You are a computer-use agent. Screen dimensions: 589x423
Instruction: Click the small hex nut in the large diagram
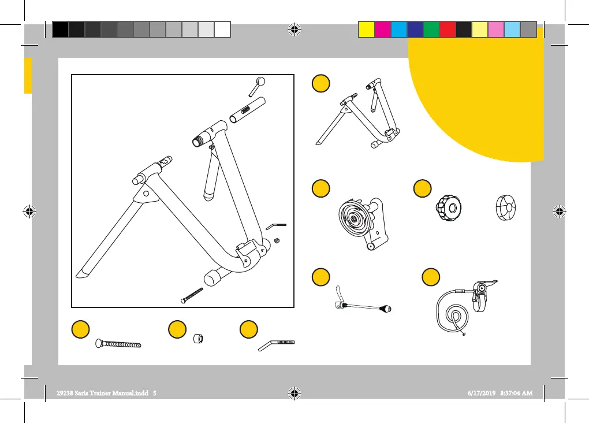(277, 239)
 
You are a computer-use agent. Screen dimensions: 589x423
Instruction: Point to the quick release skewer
(360, 306)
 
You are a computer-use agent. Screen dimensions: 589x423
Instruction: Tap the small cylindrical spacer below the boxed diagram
(198, 337)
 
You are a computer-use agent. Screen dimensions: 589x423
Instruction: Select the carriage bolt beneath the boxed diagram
(118, 345)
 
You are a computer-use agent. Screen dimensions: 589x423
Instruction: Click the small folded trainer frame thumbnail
(357, 115)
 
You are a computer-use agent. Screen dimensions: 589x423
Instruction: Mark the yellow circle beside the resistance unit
(320, 188)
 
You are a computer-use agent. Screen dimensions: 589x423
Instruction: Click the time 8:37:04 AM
(516, 392)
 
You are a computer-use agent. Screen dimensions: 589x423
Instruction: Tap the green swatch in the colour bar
(431, 29)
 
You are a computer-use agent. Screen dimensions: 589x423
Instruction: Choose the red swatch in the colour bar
(447, 29)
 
